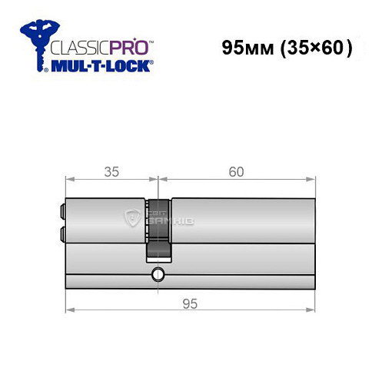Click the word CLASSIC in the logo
pyautogui.click(x=78, y=47)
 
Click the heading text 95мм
pyautogui.click(x=243, y=48)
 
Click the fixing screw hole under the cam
pyautogui.click(x=158, y=273)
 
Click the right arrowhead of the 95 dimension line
pyautogui.click(x=312, y=311)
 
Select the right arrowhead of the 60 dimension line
pyautogui.click(x=312, y=180)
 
